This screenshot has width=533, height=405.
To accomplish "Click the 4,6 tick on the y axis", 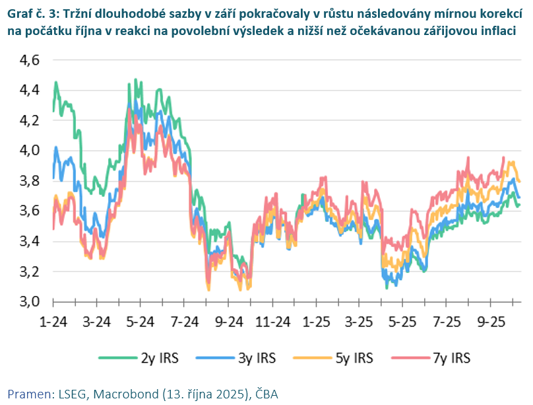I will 27,60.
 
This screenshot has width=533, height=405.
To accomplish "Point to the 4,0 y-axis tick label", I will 27,151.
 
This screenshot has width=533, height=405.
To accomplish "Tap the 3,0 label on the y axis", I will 27,301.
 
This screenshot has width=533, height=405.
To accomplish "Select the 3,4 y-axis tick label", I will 27,241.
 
